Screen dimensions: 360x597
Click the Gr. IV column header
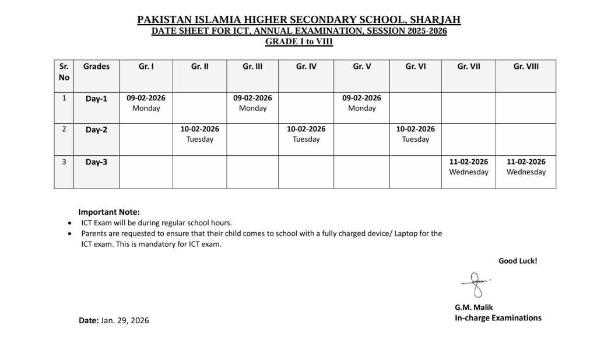point(306,67)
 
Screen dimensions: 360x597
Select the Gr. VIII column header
point(526,67)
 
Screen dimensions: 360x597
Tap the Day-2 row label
point(96,130)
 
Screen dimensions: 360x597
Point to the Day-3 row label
point(96,162)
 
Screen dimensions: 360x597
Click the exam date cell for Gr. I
point(146,103)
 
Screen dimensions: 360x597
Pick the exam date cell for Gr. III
point(252,103)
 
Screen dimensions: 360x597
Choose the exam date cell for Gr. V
point(361,103)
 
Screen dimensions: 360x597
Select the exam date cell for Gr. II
point(199,134)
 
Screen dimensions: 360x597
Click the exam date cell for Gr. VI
point(415,134)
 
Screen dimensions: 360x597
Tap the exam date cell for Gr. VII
point(469,167)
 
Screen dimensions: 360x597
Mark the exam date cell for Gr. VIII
point(526,167)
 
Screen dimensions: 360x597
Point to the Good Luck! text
point(518,261)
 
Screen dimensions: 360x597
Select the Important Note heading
point(109,212)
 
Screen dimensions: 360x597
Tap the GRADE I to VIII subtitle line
point(299,42)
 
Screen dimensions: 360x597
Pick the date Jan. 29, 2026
point(125,320)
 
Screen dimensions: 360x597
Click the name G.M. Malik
point(473,307)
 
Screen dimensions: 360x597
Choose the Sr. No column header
point(64,72)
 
